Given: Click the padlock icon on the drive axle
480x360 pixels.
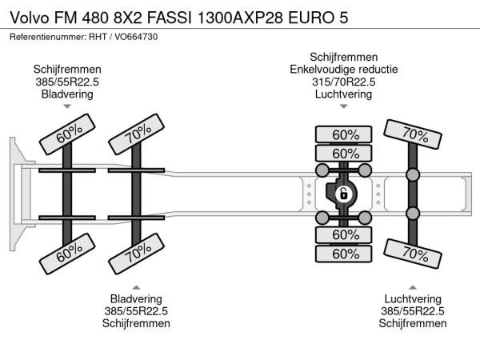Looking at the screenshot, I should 343,194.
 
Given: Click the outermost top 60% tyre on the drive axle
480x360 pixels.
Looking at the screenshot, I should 345,134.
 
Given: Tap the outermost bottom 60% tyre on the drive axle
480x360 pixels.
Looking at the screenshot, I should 345,254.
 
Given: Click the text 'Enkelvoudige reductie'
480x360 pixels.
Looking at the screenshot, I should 343,69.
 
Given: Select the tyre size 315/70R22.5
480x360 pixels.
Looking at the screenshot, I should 343,82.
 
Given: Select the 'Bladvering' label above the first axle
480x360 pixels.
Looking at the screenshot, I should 67,94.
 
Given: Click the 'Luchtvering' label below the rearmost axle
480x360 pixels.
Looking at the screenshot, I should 413,298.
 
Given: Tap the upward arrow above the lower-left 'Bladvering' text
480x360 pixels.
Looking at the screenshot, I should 136,286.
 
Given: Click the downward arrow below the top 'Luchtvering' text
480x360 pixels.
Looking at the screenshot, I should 343,106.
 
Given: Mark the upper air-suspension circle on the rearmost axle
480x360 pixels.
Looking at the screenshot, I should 413,174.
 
